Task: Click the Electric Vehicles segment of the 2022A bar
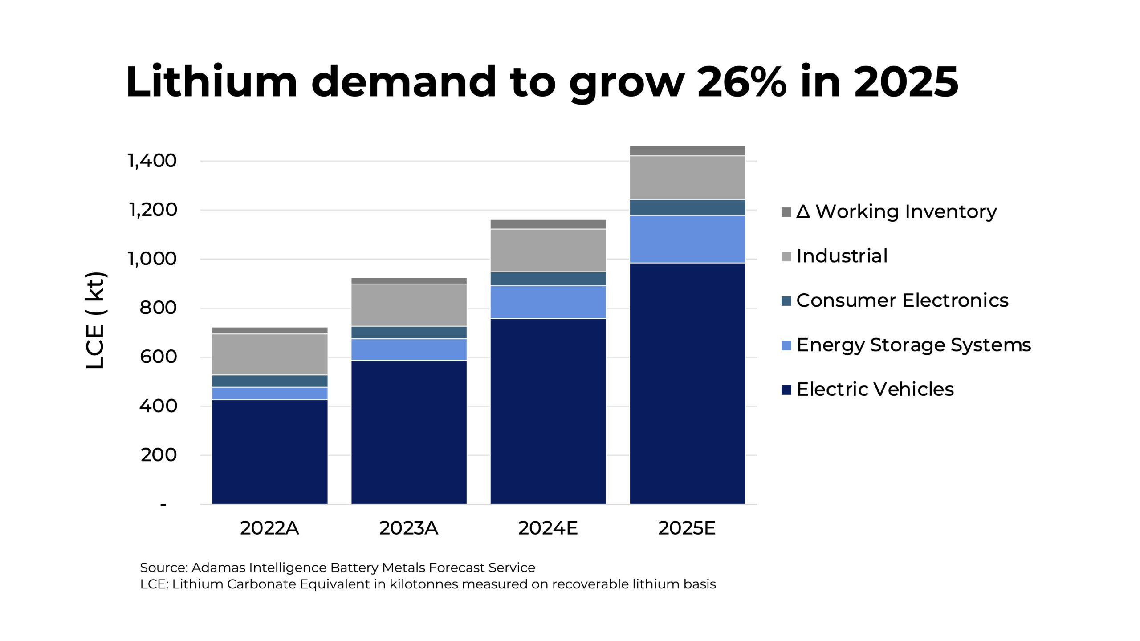pyautogui.click(x=269, y=452)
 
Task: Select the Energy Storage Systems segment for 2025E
pyautogui.click(x=687, y=239)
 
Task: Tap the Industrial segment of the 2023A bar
pyautogui.click(x=409, y=305)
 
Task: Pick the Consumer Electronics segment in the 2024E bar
pyautogui.click(x=548, y=279)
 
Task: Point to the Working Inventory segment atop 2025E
pyautogui.click(x=687, y=151)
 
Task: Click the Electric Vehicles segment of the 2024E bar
pyautogui.click(x=548, y=411)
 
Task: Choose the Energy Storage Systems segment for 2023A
pyautogui.click(x=409, y=349)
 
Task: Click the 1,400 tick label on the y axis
pyautogui.click(x=152, y=161)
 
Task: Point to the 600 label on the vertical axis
pyautogui.click(x=158, y=357)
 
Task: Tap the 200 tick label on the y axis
pyautogui.click(x=159, y=455)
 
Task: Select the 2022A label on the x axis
pyautogui.click(x=269, y=528)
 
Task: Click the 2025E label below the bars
pyautogui.click(x=687, y=528)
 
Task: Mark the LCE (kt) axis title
pyautogui.click(x=95, y=320)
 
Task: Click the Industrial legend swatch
pyautogui.click(x=786, y=257)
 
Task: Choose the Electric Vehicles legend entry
pyautogui.click(x=875, y=389)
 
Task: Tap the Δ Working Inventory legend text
pyautogui.click(x=896, y=211)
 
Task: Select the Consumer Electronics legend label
pyautogui.click(x=902, y=300)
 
